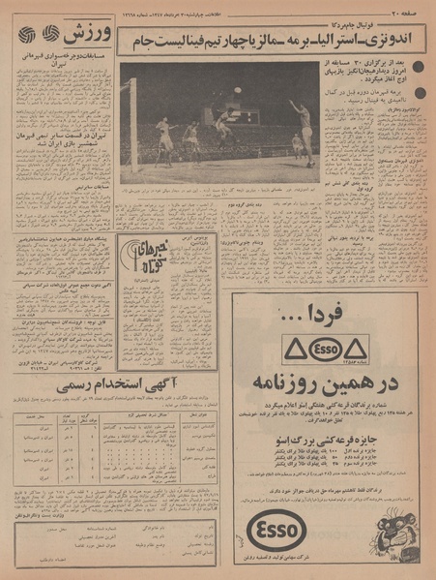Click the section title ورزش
click(x=95, y=35)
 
